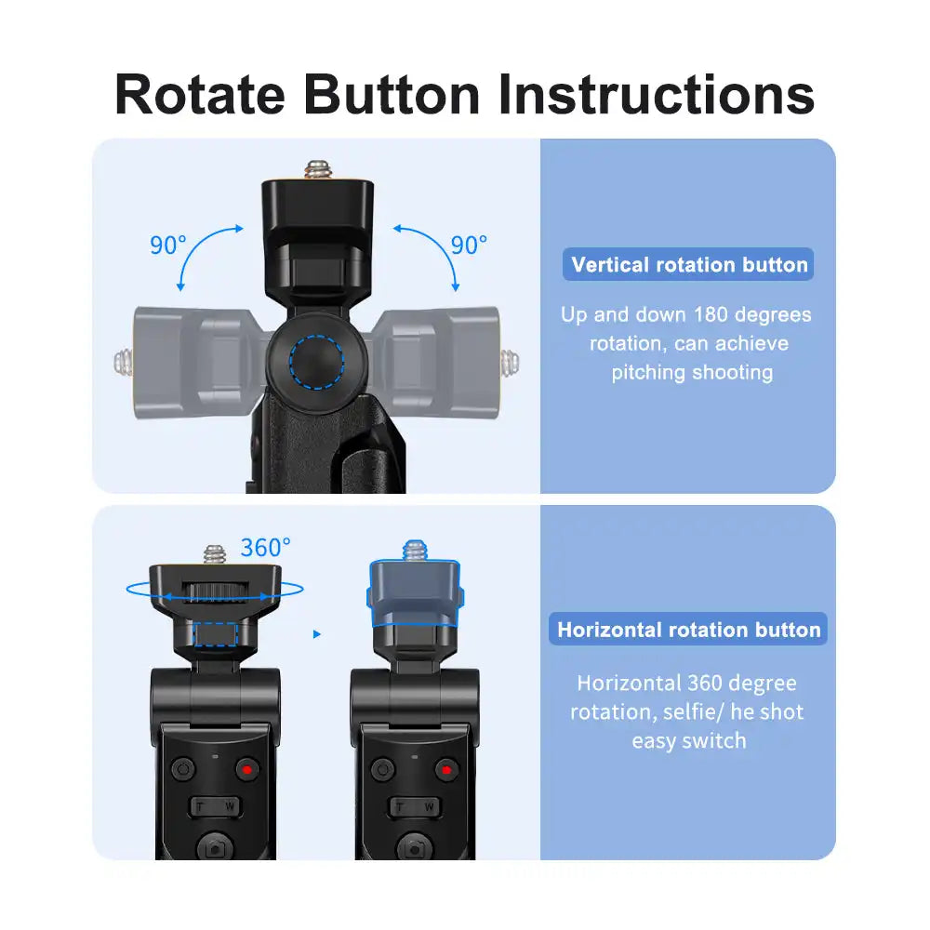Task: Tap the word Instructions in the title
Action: point(657,94)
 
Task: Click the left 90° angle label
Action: point(168,246)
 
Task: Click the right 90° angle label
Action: point(469,245)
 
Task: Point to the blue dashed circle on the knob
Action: point(316,356)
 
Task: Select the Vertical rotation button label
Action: point(689,265)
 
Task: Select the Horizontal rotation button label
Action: point(689,630)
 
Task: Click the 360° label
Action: point(265,548)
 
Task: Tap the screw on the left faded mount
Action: point(121,361)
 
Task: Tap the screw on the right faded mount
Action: point(511,359)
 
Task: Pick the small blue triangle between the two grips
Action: point(316,634)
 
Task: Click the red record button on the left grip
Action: point(246,769)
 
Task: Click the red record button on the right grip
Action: point(446,769)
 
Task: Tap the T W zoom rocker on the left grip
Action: point(216,806)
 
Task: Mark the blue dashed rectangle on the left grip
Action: point(216,634)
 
